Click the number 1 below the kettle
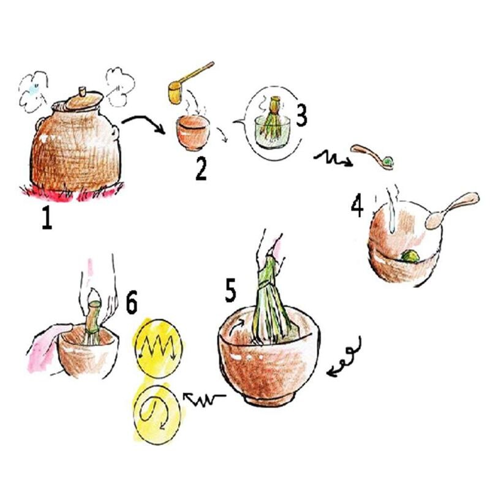click(x=47, y=218)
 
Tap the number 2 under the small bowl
click(x=201, y=169)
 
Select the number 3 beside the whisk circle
click(x=301, y=115)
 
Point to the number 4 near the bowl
click(x=357, y=205)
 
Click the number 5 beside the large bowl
click(x=231, y=290)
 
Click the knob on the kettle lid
click(x=82, y=91)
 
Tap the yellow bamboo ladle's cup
click(x=176, y=93)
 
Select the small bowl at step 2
click(x=192, y=133)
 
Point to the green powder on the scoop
click(x=388, y=162)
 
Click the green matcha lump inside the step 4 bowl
click(x=410, y=256)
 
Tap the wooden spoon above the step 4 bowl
click(x=451, y=210)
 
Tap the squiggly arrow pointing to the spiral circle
click(x=205, y=399)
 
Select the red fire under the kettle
click(x=72, y=192)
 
